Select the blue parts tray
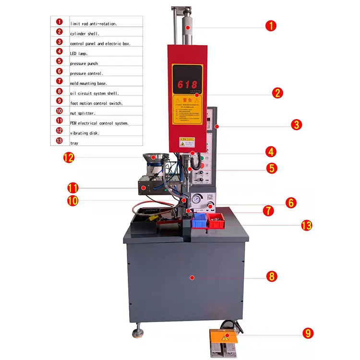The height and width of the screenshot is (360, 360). point(199,221)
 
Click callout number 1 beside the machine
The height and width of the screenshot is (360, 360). point(271,25)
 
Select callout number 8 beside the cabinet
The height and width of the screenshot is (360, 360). point(271,276)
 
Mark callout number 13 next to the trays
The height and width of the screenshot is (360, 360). point(307,225)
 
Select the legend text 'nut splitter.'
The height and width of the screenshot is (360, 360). point(83,113)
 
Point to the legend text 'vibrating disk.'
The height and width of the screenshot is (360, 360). point(84,133)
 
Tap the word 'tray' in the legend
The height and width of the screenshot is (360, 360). point(74,143)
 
